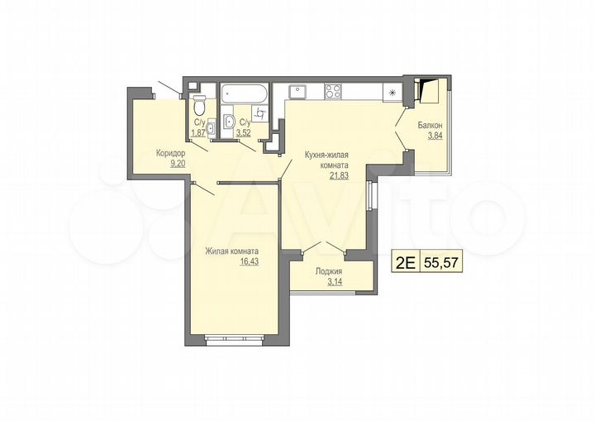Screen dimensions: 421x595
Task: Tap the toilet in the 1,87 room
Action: click(x=198, y=108)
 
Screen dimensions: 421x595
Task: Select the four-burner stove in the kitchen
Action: click(x=333, y=91)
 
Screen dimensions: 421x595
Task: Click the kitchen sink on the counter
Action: click(x=298, y=91)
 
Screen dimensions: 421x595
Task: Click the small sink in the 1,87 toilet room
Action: click(x=212, y=127)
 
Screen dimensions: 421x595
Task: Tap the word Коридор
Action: click(x=171, y=153)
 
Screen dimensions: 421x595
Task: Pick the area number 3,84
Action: click(x=435, y=137)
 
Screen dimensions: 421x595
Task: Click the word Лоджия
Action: click(x=329, y=271)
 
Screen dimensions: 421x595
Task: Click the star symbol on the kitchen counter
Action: click(x=393, y=93)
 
